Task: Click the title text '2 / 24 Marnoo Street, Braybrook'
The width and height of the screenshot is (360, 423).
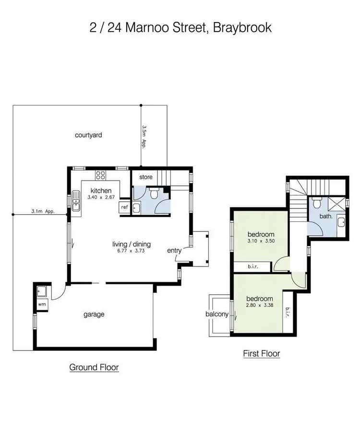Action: (180, 27)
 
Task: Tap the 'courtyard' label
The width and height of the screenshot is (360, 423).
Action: (88, 135)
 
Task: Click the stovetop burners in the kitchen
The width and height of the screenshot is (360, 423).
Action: (101, 175)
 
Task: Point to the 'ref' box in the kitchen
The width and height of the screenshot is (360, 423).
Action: (124, 207)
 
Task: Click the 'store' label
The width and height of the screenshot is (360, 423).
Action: (146, 177)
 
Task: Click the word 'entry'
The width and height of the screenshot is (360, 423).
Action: (174, 251)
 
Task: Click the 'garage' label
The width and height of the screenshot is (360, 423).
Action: (94, 314)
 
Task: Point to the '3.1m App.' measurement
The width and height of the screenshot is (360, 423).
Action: (42, 211)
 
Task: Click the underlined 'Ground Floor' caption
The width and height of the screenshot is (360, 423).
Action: (94, 367)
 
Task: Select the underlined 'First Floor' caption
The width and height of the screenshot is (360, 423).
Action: (261, 354)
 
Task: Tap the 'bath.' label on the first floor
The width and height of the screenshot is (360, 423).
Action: (326, 216)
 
